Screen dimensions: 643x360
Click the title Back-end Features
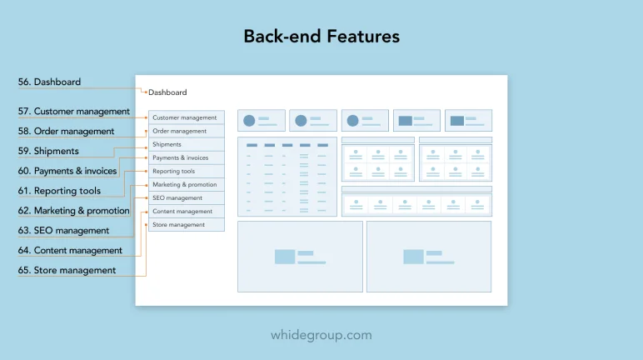[321, 36]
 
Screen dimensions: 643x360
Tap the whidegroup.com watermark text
[321, 335]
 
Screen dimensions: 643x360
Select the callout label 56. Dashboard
[49, 82]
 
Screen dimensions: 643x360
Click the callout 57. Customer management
[74, 111]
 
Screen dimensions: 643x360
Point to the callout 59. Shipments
[48, 151]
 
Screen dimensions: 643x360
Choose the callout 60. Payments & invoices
[67, 171]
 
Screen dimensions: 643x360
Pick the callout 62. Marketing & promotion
[74, 211]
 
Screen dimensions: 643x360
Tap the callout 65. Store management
[67, 270]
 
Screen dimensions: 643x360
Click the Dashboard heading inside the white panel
[167, 92]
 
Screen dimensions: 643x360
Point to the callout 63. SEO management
[63, 230]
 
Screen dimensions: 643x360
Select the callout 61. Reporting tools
[59, 191]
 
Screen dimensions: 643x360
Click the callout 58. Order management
[66, 132]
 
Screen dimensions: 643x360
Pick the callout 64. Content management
[70, 250]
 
